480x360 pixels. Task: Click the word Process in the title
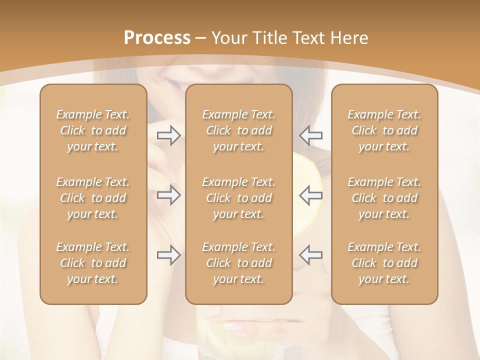pos(157,37)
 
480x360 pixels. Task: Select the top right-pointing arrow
pos(168,135)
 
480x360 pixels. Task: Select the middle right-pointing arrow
pos(168,195)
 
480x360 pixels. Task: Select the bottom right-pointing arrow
pos(168,255)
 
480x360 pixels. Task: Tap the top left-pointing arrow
pos(311,135)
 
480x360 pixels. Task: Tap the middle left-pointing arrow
pos(311,195)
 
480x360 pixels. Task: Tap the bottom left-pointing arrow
pos(311,255)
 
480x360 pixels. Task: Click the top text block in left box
pos(93,130)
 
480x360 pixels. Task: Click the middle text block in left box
pos(93,198)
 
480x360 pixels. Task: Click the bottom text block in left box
pos(93,263)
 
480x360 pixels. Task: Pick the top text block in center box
pos(238,130)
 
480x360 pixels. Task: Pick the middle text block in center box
pos(238,198)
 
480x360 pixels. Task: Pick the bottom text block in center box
pos(238,263)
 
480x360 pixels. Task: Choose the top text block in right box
pos(384,130)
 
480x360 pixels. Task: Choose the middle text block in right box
pos(384,198)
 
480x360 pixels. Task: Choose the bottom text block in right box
pos(384,263)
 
